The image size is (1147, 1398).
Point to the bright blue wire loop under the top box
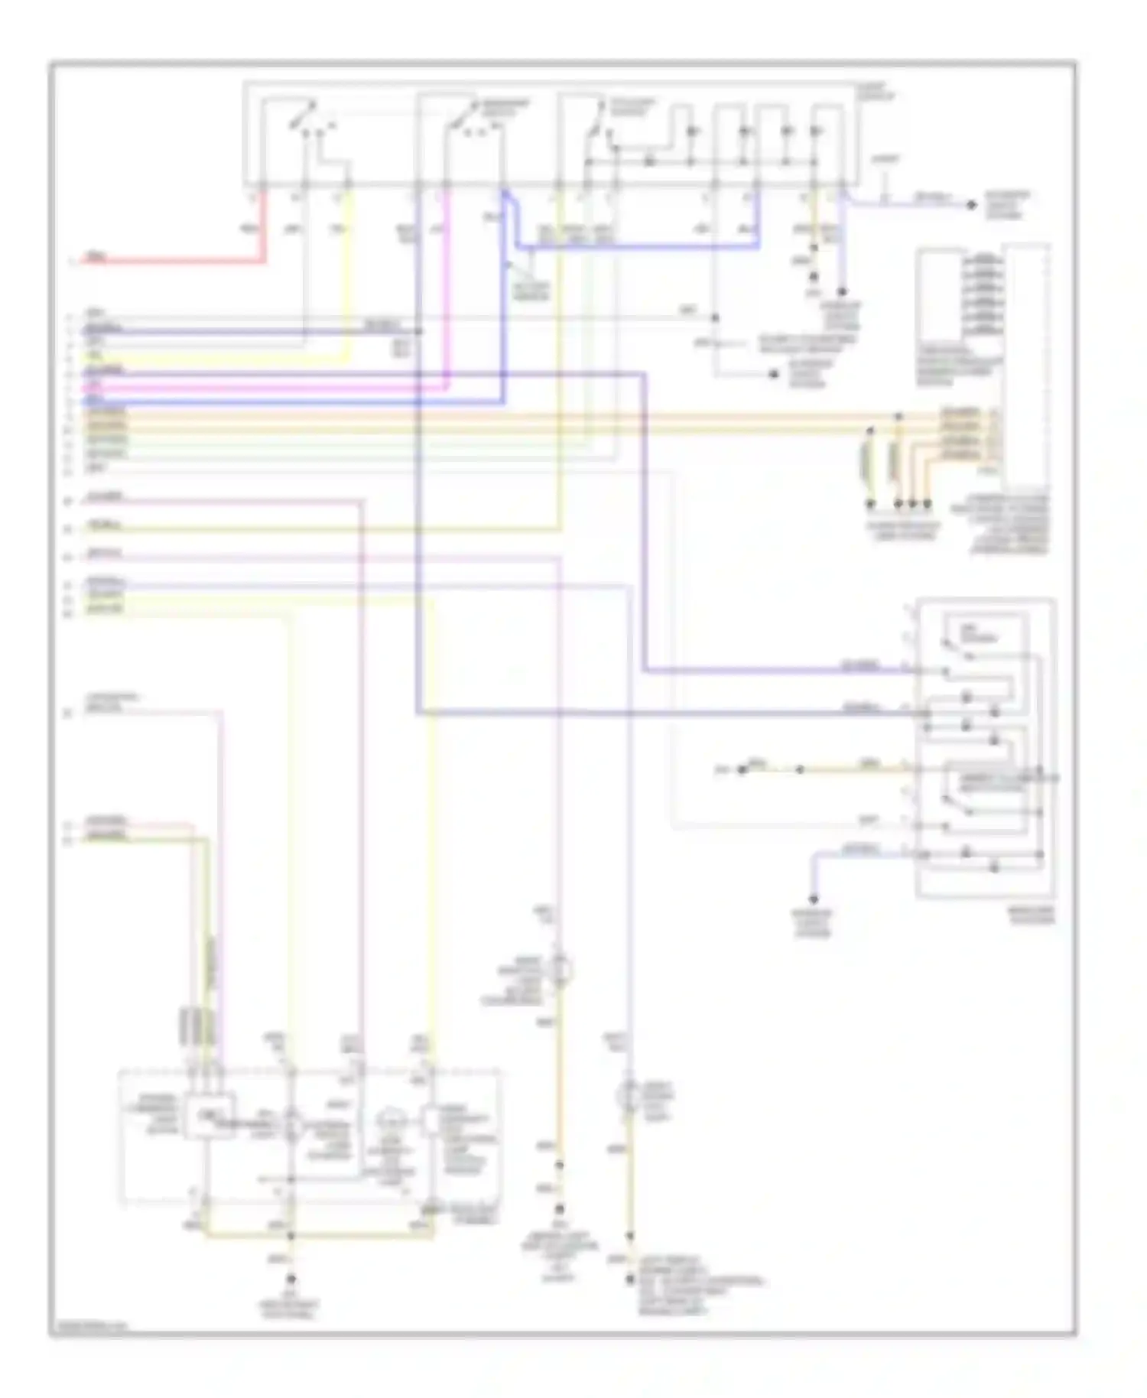(x=635, y=248)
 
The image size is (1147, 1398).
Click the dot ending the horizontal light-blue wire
(x=972, y=205)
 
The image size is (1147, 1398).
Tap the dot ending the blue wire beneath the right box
(x=814, y=899)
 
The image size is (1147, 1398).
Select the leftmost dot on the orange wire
(x=741, y=769)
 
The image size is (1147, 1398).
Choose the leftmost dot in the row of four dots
(x=870, y=504)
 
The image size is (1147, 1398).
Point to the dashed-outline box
(x=310, y=1136)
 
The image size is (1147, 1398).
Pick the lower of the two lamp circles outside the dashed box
(x=629, y=1097)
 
